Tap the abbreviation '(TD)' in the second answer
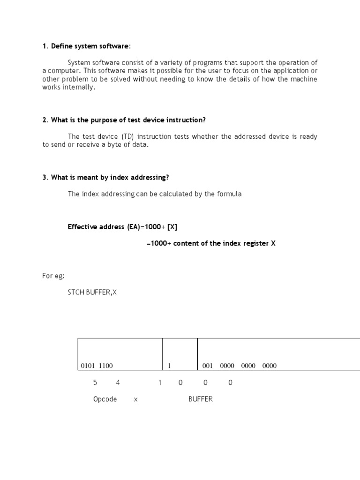pyautogui.click(x=127, y=136)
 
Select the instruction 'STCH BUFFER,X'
pyautogui.click(x=92, y=292)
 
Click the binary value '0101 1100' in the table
pyautogui.click(x=97, y=366)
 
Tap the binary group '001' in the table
pyautogui.click(x=208, y=366)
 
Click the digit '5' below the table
pyautogui.click(x=95, y=382)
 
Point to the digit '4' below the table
pyautogui.click(x=118, y=382)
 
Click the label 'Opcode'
pyautogui.click(x=105, y=399)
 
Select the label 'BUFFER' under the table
pyautogui.click(x=201, y=399)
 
